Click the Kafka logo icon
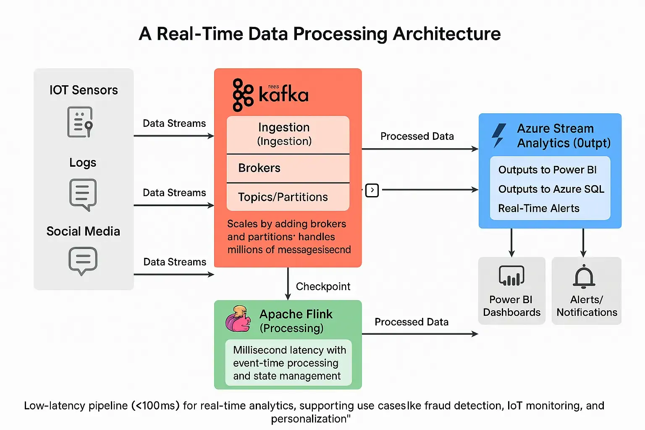coord(243,95)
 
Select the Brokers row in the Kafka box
coord(259,168)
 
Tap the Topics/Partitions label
coord(283,197)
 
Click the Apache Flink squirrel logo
coord(238,319)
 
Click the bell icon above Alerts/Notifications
coord(584,277)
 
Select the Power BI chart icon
coord(511,276)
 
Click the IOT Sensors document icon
coord(80,122)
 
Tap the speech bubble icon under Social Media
coord(83,261)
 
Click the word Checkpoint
coord(323,286)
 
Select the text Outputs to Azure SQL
coord(551,189)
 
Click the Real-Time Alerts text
coord(538,208)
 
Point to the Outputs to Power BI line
coord(547,170)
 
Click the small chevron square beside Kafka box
coord(372,190)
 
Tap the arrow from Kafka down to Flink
coord(288,284)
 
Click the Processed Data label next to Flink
coord(411,322)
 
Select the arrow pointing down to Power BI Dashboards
coord(511,243)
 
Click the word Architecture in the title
coord(446,34)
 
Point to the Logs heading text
coord(83,163)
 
